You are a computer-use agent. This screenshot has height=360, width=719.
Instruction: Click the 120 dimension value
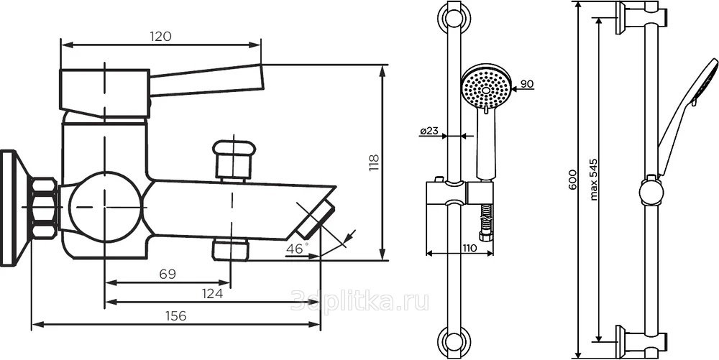(x=160, y=36)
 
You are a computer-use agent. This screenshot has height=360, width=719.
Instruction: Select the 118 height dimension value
(x=374, y=163)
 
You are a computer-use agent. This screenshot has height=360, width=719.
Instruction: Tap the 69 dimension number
(x=168, y=274)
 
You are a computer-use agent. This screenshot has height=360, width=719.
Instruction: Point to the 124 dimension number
(x=213, y=294)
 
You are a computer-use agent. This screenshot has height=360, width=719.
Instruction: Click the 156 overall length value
(x=176, y=315)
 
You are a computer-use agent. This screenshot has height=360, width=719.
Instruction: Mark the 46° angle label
(x=297, y=249)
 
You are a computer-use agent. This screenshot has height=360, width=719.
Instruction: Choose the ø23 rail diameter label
(x=429, y=131)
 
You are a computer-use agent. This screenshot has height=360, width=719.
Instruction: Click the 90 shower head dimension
(x=527, y=84)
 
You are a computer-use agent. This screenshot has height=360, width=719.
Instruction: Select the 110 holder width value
(x=469, y=248)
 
